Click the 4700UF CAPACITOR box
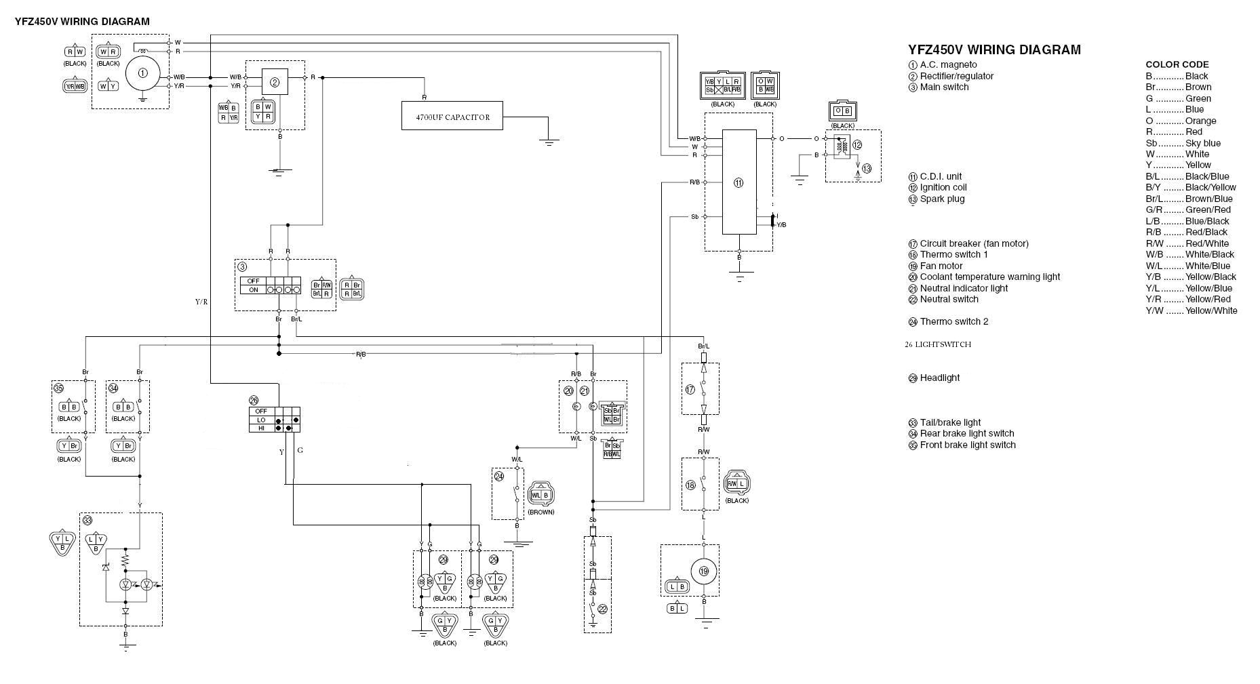(452, 116)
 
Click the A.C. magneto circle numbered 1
(142, 73)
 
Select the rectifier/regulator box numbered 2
(275, 82)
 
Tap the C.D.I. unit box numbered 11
(739, 182)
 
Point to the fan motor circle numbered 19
(704, 571)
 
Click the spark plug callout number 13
(866, 169)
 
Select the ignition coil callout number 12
(857, 145)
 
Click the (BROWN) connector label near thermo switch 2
(540, 512)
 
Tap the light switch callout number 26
(254, 400)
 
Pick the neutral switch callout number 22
(602, 609)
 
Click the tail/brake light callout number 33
(87, 520)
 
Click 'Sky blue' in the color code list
(1202, 143)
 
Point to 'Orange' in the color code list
(1200, 121)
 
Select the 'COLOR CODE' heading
(1177, 64)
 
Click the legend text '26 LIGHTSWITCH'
(938, 344)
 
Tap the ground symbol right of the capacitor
(549, 141)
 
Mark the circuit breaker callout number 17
(690, 390)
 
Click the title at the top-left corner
(82, 21)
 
